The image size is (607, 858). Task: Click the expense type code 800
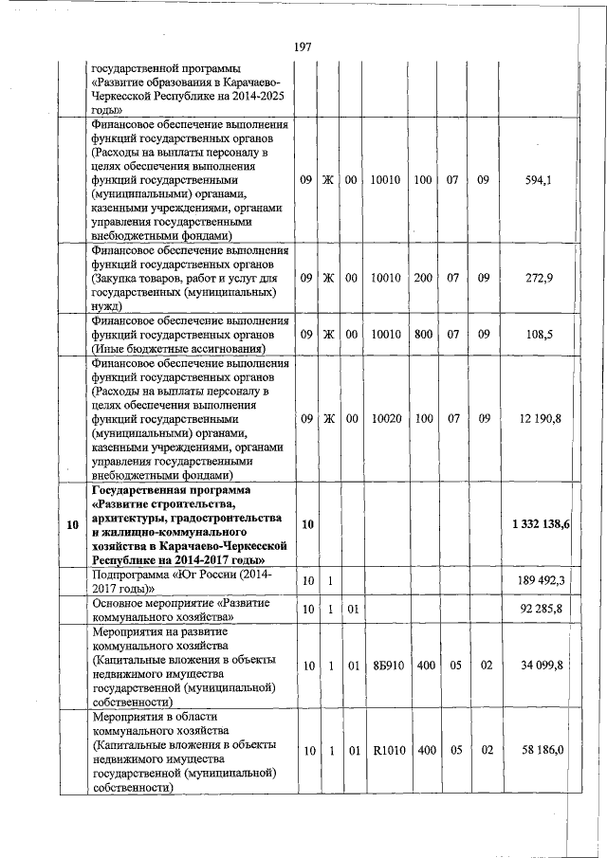423,334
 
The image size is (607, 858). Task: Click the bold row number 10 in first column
72,524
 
